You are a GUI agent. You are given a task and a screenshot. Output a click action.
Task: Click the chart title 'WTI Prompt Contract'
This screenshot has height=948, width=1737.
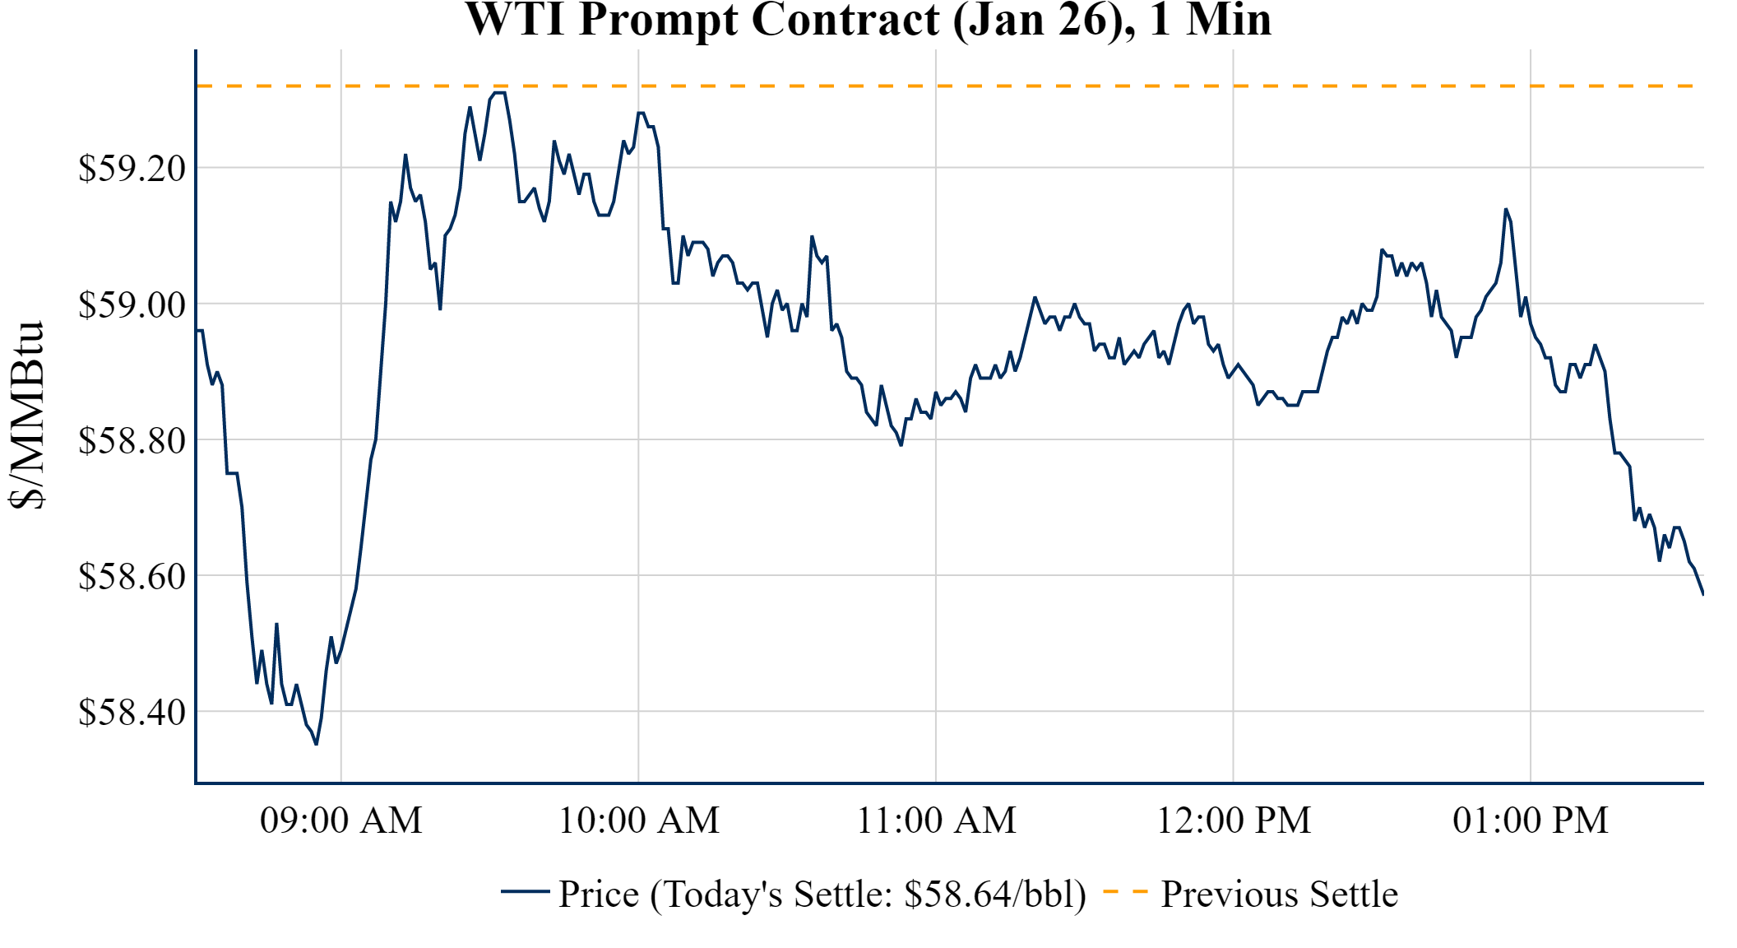click(x=868, y=20)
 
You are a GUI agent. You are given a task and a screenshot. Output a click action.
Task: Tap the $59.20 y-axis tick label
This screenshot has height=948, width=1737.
click(x=132, y=169)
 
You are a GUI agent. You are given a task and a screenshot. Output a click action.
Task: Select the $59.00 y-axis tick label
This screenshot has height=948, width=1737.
click(x=132, y=304)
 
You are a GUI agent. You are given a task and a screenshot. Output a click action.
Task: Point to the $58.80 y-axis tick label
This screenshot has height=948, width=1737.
click(x=132, y=440)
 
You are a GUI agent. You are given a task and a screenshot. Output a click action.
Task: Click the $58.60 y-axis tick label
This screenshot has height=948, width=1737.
click(x=132, y=576)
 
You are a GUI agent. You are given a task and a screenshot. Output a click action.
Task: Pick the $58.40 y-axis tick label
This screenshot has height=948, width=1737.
click(x=132, y=712)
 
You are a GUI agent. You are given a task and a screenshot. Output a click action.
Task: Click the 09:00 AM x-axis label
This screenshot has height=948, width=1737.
click(x=341, y=820)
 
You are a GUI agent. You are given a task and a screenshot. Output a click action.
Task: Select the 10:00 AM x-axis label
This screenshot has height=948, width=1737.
click(x=639, y=820)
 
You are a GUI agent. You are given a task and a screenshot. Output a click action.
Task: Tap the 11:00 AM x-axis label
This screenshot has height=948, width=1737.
click(x=937, y=820)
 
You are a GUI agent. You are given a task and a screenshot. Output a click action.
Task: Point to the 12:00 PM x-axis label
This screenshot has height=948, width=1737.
click(x=1234, y=820)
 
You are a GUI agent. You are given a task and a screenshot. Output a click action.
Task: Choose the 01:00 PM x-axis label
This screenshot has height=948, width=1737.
click(x=1531, y=820)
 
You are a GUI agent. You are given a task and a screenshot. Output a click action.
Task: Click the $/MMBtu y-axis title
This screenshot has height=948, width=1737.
click(x=26, y=416)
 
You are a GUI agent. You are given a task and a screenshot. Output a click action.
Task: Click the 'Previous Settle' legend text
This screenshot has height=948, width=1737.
click(x=1279, y=895)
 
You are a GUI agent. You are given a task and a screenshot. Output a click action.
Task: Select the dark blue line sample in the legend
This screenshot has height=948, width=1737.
click(x=525, y=891)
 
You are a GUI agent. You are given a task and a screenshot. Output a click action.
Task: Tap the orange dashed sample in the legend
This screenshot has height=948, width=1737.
click(x=1125, y=891)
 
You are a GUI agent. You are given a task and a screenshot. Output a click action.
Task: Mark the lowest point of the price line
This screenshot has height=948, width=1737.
click(x=317, y=744)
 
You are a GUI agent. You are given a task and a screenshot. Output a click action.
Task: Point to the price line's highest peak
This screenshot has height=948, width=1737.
click(x=499, y=93)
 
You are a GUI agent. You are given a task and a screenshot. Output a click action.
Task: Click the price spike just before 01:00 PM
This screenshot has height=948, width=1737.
click(x=1506, y=209)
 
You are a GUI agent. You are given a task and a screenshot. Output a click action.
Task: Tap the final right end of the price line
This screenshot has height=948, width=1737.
click(x=1702, y=593)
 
